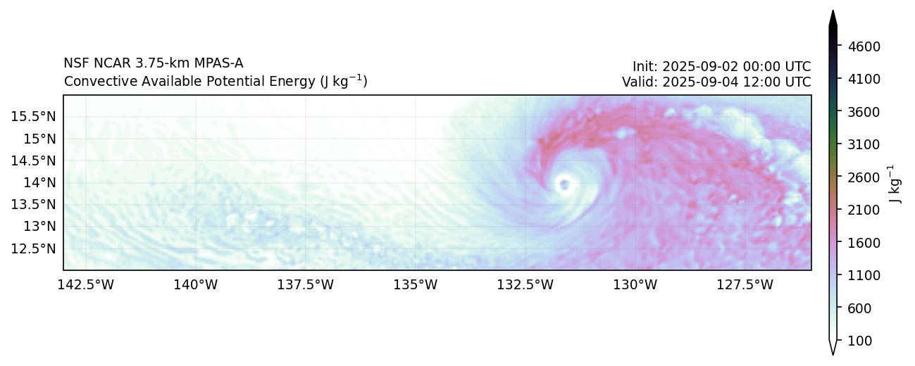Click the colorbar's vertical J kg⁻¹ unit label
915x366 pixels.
(895, 184)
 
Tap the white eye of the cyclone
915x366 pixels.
(564, 185)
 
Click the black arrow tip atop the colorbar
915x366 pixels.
(833, 17)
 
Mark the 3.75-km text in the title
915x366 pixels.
(167, 63)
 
